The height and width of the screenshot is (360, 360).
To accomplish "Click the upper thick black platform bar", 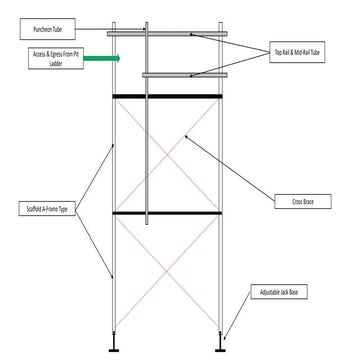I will [x=167, y=97].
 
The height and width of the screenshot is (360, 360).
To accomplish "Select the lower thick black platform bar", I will [x=167, y=214].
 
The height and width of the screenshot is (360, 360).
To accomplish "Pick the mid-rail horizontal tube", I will [x=180, y=75].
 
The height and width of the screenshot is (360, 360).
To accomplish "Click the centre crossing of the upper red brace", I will [x=167, y=155].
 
